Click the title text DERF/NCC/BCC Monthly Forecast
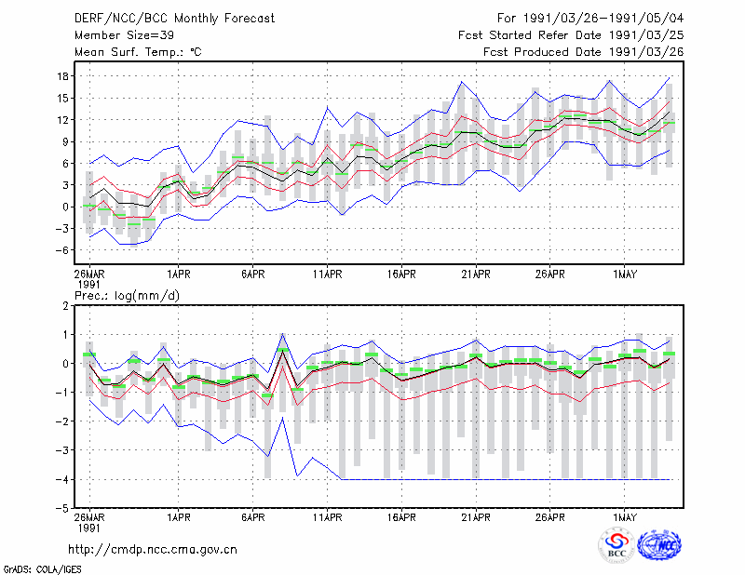[174, 19]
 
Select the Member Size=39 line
[124, 35]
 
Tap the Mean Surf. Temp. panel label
[138, 52]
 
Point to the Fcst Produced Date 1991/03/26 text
[584, 52]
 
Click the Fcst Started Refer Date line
[571, 35]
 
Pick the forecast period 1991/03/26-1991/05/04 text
[590, 19]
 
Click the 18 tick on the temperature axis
[63, 76]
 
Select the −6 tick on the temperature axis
[61, 250]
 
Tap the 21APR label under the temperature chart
[476, 274]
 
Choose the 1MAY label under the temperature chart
[624, 274]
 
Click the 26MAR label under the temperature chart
[89, 274]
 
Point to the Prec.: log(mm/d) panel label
[127, 296]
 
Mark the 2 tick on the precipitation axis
[66, 306]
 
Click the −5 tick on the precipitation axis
[61, 508]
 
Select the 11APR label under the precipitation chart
[328, 517]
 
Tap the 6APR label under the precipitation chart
[252, 517]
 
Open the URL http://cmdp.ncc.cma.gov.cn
[153, 550]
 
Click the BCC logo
[616, 545]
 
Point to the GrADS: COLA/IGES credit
[42, 569]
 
